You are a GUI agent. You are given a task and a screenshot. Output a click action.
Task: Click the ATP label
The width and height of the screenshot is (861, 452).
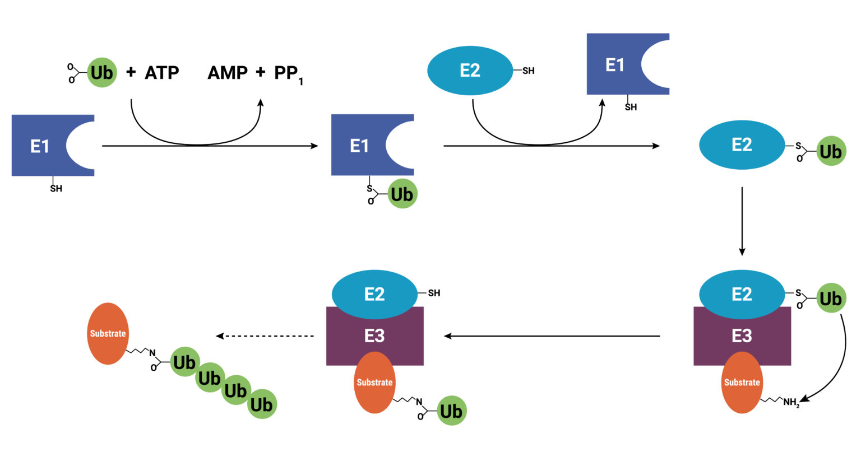(161, 73)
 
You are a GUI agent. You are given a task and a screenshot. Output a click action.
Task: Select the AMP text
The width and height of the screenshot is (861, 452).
(228, 73)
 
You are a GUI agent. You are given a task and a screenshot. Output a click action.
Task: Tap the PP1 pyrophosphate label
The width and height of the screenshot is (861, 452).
(288, 74)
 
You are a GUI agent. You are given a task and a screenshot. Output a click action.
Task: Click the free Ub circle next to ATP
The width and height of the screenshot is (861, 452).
(101, 73)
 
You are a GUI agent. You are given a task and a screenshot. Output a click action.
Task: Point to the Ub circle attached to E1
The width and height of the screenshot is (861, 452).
(402, 194)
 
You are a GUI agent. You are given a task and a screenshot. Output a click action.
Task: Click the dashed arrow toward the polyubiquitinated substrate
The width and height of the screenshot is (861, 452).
(266, 336)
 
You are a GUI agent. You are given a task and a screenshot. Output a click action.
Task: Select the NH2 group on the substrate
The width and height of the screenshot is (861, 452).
(791, 402)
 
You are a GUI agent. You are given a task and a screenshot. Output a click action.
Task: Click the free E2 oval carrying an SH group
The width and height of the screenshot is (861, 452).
(470, 71)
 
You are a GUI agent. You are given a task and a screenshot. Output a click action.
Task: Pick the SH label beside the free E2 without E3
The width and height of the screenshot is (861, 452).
(528, 71)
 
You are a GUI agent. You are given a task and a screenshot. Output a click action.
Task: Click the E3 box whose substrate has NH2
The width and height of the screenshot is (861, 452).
(742, 335)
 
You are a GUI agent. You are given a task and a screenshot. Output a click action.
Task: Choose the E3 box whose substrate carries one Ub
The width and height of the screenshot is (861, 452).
(374, 335)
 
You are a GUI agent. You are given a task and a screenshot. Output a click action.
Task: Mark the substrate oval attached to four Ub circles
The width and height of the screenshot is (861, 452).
(108, 333)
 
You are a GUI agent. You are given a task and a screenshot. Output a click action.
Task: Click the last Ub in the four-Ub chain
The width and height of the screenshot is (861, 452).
(262, 404)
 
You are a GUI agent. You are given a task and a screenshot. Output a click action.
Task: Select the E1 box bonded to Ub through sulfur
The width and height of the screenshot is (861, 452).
(359, 146)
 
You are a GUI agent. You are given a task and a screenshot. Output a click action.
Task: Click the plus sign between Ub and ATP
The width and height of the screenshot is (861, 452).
(131, 72)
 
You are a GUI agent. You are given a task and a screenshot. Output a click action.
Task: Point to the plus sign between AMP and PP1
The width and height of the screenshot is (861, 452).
(261, 72)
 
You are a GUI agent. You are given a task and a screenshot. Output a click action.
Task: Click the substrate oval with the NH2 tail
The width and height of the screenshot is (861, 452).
(742, 383)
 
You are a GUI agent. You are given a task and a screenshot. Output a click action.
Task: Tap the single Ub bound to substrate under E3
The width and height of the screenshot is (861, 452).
(451, 411)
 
